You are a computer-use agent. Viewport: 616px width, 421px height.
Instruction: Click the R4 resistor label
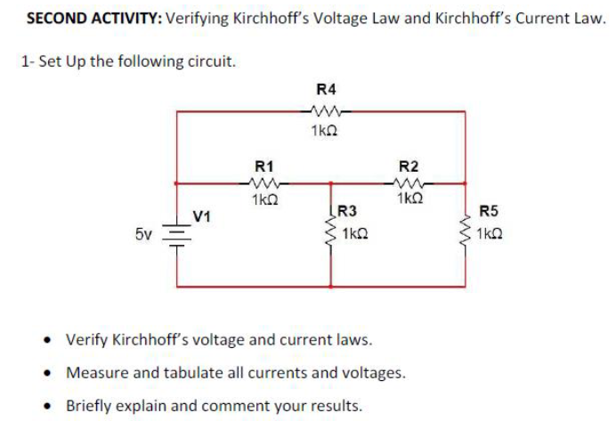326,89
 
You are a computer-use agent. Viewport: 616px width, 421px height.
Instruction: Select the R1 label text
264,166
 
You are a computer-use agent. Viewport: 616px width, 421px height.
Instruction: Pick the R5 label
489,212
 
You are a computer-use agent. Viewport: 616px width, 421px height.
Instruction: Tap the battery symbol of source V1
176,237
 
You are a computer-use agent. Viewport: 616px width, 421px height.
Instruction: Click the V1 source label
203,215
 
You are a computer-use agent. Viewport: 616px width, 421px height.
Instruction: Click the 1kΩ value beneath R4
325,131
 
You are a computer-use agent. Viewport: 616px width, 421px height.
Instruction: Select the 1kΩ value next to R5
490,235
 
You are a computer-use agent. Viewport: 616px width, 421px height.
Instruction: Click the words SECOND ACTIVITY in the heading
81,18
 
